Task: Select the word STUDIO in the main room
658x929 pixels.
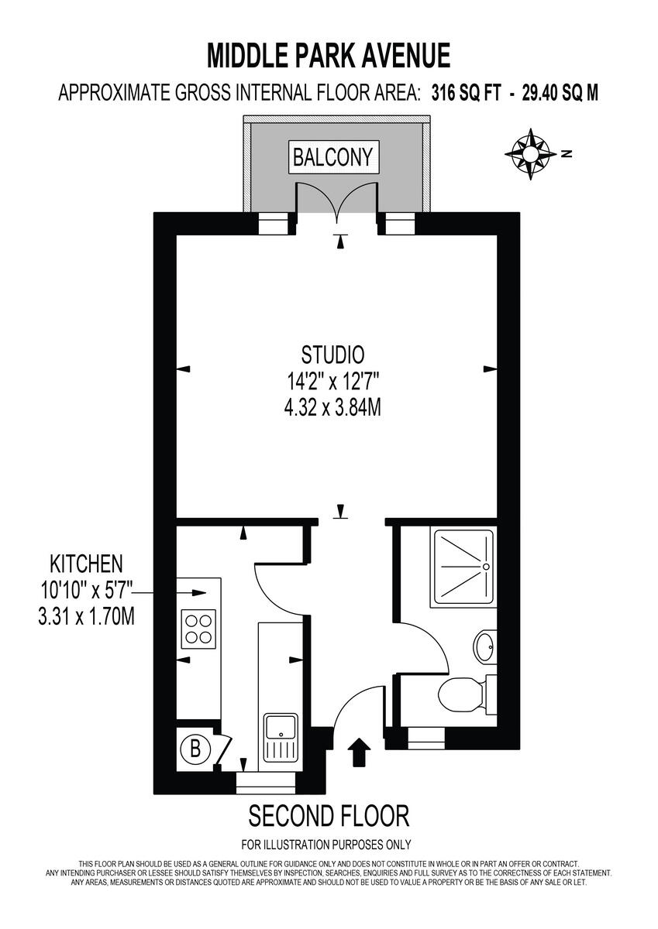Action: tap(332, 355)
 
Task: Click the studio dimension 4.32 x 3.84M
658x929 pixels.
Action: tap(332, 406)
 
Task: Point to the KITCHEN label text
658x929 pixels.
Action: tap(87, 562)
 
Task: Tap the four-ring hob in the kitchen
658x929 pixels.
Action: tap(198, 629)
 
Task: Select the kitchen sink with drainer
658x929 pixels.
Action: tap(281, 738)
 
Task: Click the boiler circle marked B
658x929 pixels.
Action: tap(195, 749)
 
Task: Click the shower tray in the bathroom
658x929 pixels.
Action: tap(463, 566)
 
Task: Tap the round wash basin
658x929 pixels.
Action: tap(485, 645)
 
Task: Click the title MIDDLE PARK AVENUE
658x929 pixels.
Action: tap(329, 56)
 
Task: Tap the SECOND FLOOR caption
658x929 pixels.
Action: tap(329, 815)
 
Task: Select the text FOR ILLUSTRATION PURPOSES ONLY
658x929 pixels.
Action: tap(326, 845)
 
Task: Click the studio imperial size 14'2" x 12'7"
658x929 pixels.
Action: tap(332, 381)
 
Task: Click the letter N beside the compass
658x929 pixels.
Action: tap(567, 153)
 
